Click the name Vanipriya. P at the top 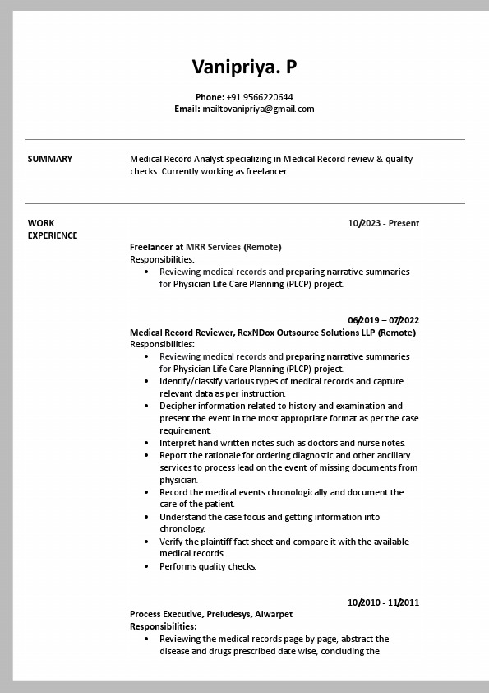click(244, 67)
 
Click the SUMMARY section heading click(50, 160)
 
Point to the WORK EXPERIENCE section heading click(53, 229)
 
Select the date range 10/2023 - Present click(383, 223)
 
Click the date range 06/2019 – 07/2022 click(383, 320)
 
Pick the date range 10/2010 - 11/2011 click(383, 602)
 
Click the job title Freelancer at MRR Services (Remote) click(205, 247)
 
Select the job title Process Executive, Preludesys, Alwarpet click(211, 614)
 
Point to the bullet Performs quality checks click(208, 566)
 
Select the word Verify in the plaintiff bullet click(171, 542)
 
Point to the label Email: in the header click(187, 109)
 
